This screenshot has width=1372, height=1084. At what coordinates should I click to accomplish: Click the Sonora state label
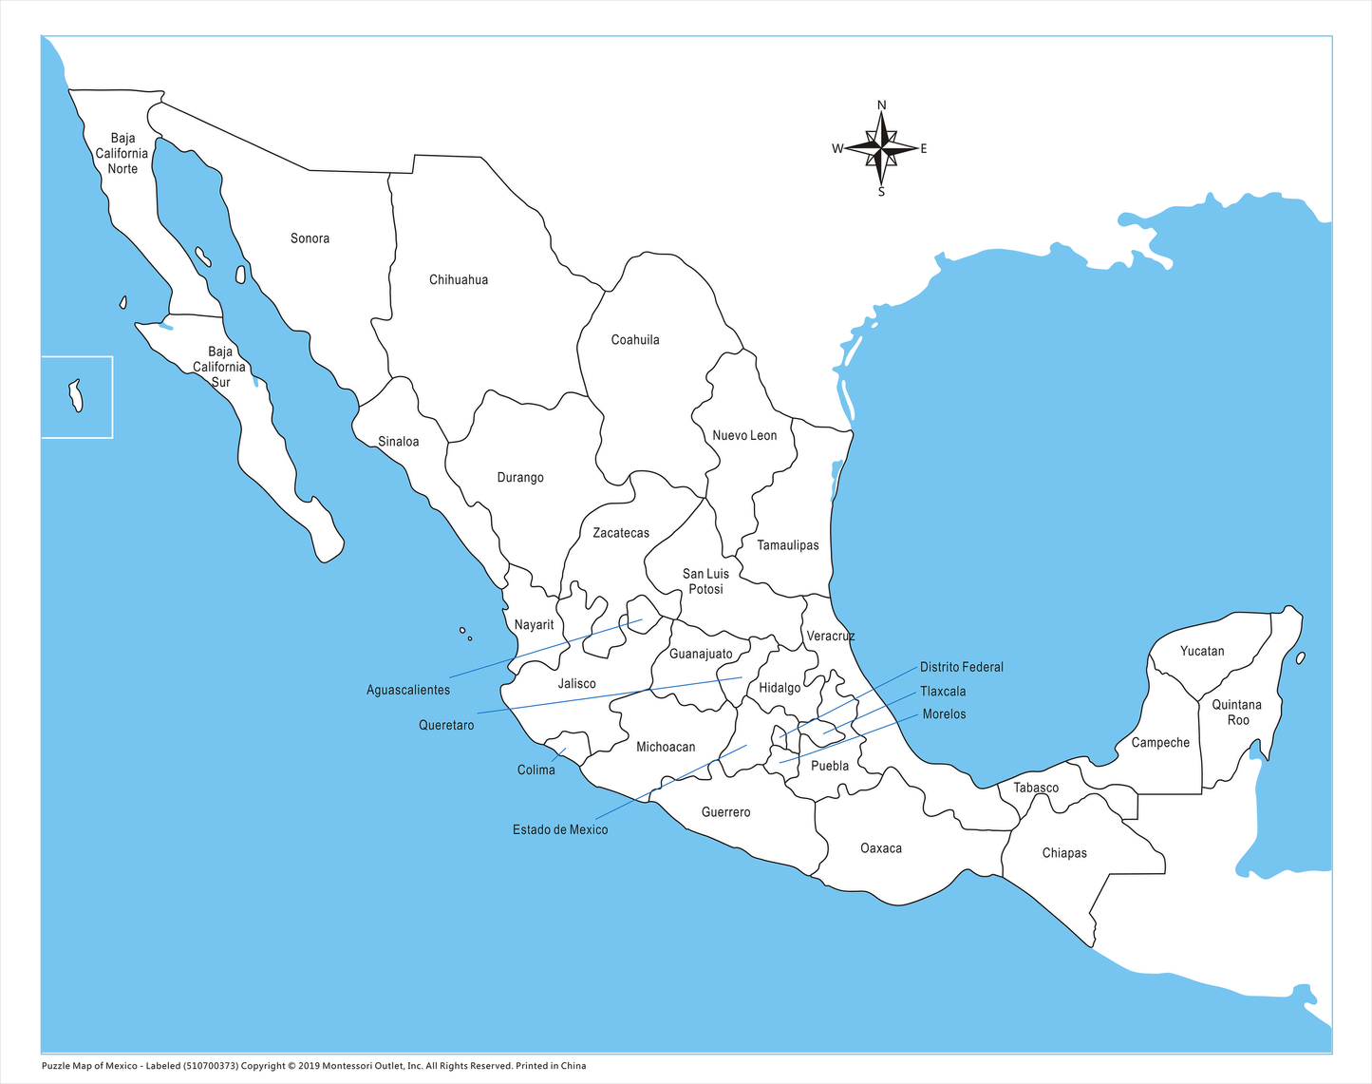point(310,238)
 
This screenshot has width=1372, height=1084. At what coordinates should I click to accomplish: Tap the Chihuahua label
point(459,280)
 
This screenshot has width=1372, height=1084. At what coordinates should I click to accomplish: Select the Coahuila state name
point(635,340)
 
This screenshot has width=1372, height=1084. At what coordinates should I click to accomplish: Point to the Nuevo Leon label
point(744,436)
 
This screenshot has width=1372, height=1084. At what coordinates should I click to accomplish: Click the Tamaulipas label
point(788,546)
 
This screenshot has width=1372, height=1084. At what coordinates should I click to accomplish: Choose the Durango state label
point(520,478)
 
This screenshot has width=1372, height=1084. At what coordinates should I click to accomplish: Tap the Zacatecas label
point(621,534)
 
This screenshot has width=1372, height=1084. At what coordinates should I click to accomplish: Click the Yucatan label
point(1202,652)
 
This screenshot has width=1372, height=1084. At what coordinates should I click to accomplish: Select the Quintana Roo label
point(1236,713)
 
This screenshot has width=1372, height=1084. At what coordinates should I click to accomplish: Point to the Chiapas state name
point(1064,853)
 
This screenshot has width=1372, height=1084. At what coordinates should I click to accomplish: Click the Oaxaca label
point(881,848)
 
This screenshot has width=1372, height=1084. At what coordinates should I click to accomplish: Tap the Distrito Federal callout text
point(961,668)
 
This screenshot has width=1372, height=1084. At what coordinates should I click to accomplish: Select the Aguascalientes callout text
point(408,691)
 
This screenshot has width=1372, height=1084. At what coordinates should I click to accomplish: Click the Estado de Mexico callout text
point(560,830)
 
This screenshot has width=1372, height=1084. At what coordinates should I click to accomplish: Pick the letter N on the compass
point(881,105)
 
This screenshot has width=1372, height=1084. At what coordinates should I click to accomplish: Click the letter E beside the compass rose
point(923,149)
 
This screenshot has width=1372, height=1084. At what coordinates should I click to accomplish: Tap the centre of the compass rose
point(882,148)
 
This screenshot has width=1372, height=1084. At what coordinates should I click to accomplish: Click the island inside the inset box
point(75,395)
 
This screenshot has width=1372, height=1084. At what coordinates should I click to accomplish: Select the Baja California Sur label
point(219,368)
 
